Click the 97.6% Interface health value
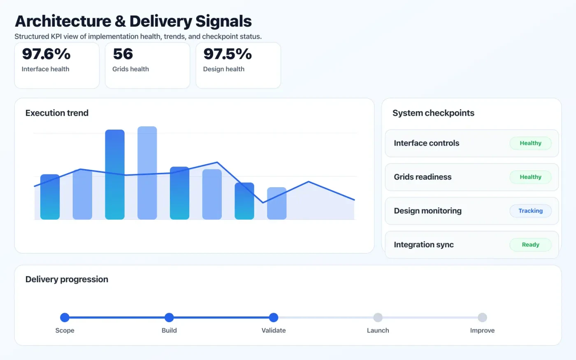click(x=46, y=54)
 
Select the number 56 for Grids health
click(x=123, y=54)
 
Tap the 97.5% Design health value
click(x=228, y=54)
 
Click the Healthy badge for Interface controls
click(x=530, y=143)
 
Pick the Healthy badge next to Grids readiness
click(x=530, y=177)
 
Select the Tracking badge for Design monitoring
click(x=530, y=211)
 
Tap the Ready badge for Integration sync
click(x=530, y=244)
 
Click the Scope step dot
click(x=65, y=317)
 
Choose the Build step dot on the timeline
click(x=169, y=317)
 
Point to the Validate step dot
click(x=274, y=317)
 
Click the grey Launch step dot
click(x=378, y=317)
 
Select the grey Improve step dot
click(x=482, y=317)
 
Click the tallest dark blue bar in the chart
click(x=115, y=174)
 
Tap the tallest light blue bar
click(x=147, y=173)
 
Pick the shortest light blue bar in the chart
click(x=277, y=204)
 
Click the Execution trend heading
click(x=57, y=113)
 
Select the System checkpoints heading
click(x=433, y=113)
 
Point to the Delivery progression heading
click(x=67, y=279)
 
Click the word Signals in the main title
click(x=223, y=21)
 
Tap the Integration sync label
click(x=424, y=245)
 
